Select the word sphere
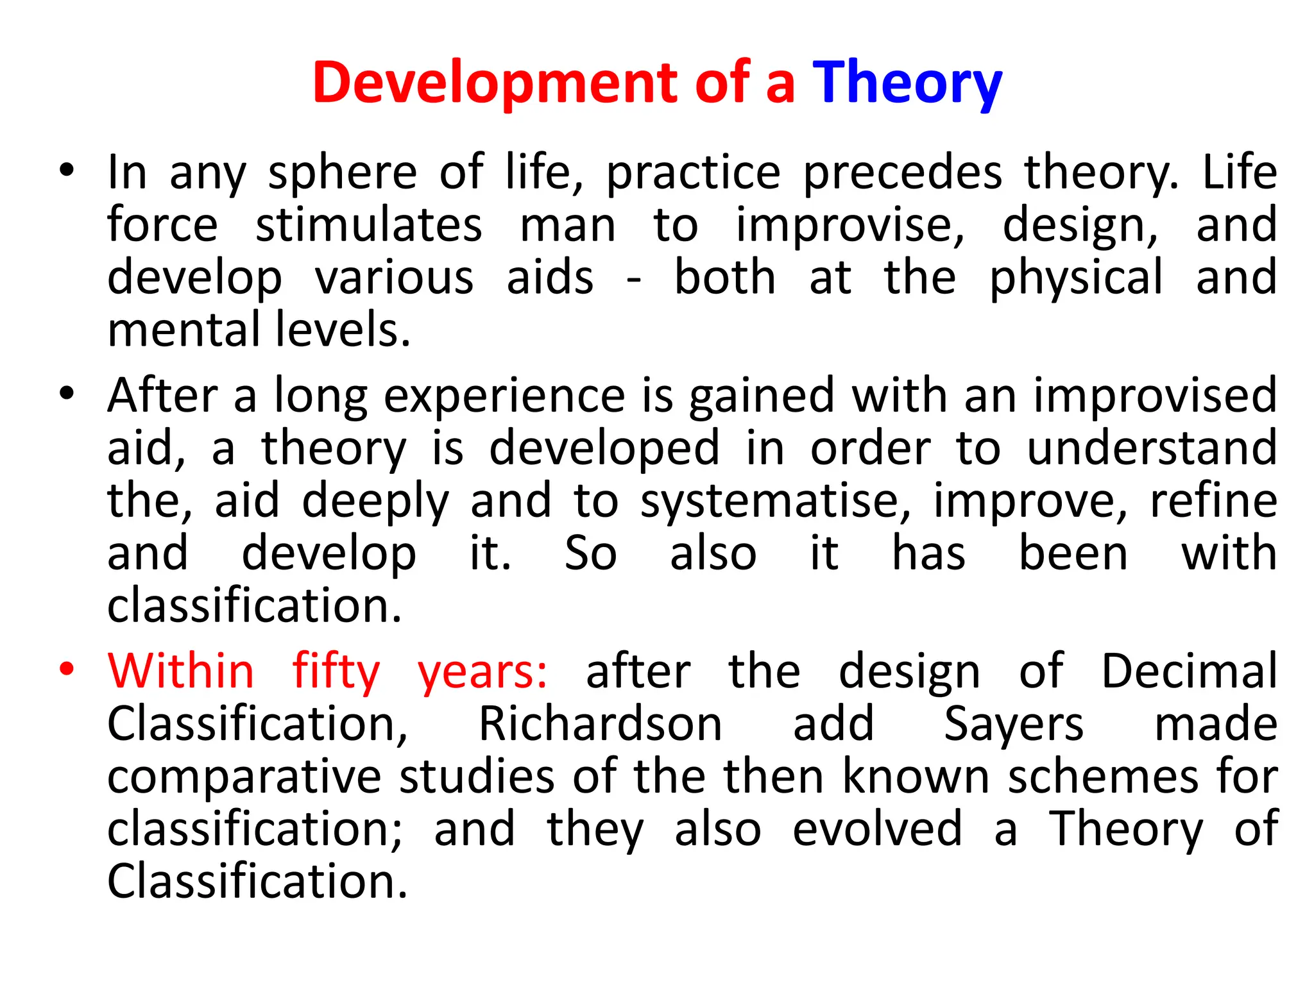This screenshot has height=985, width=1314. click(343, 173)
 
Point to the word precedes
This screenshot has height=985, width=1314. click(902, 173)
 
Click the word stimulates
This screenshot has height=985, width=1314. click(368, 226)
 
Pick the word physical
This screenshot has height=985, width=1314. click(1076, 278)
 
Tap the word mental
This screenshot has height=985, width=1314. click(184, 330)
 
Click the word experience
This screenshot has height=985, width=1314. click(504, 396)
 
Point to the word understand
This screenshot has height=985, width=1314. click(1152, 448)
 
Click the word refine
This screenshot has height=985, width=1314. click(1213, 501)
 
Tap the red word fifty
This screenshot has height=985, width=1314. click(336, 671)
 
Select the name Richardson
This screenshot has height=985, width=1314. click(601, 724)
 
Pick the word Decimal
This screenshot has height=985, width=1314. click(1190, 671)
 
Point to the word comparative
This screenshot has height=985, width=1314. click(244, 777)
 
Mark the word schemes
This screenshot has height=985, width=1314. click(1103, 777)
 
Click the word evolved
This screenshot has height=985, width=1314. click(877, 829)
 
